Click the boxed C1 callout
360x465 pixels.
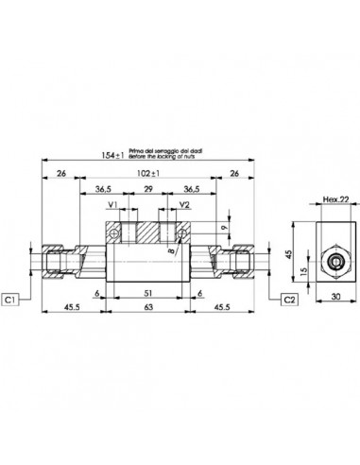coord(11,300)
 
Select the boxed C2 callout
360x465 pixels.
coord(291,300)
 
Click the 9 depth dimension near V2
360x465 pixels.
coord(223,226)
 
